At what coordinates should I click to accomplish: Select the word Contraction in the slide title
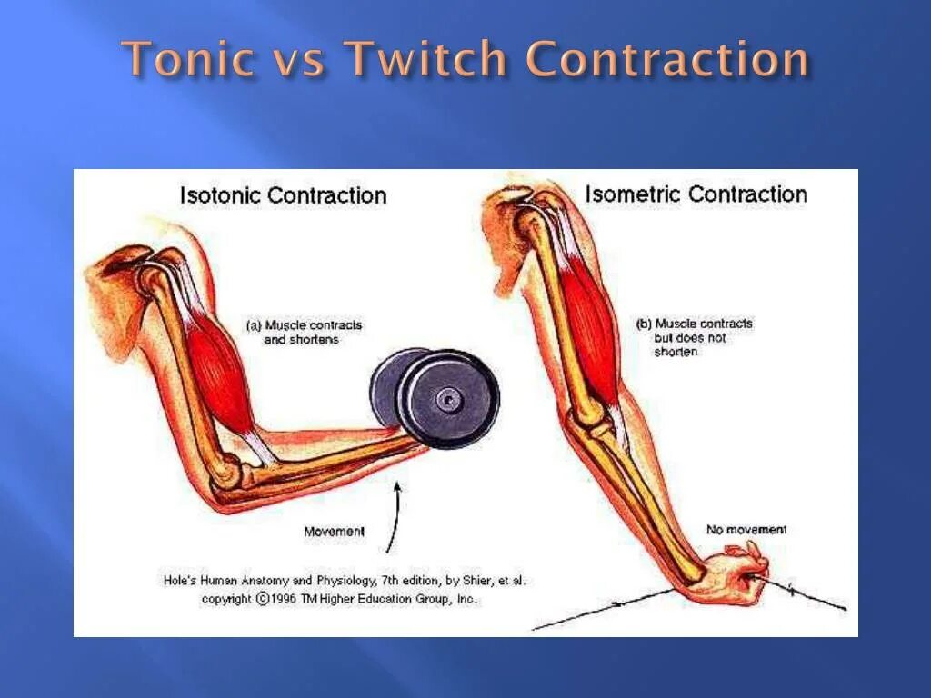(668, 60)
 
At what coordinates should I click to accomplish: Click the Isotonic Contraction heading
(283, 195)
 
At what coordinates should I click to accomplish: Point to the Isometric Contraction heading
(696, 194)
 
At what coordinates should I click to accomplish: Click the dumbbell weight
(435, 394)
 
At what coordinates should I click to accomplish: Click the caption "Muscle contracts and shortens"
(305, 332)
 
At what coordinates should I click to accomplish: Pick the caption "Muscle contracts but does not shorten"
(695, 337)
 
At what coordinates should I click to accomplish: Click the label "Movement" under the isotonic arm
(334, 532)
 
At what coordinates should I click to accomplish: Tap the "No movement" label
(746, 529)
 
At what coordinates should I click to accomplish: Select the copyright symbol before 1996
(263, 599)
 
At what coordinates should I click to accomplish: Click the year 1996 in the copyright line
(287, 599)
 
